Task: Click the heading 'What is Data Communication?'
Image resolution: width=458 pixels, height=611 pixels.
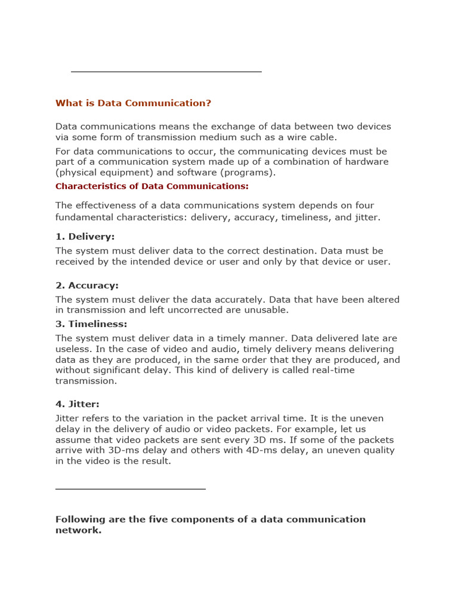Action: pos(133,103)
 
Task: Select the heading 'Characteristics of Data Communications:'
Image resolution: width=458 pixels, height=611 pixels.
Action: pos(152,186)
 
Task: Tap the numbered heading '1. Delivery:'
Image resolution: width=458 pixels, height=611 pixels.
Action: pos(85,237)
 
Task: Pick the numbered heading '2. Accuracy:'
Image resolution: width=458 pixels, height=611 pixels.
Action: pos(87,286)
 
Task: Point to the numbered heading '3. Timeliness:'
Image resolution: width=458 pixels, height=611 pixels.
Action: pos(91,324)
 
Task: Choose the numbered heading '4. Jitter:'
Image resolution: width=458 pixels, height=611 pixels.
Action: pos(78,405)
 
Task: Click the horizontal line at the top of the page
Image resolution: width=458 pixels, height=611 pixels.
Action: pos(166,72)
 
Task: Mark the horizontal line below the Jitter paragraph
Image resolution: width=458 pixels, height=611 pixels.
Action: pos(130,489)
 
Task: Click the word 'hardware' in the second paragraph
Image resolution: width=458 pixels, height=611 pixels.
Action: pos(367,162)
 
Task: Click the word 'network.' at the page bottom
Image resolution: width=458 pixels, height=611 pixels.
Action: pos(78,530)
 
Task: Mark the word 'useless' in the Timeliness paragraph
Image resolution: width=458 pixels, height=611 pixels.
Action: pos(73,349)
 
